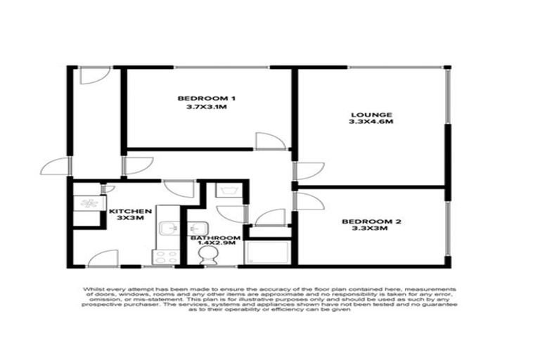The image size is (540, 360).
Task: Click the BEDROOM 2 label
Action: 371,223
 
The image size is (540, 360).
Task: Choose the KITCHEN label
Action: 131,211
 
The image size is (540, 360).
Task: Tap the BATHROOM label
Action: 216,238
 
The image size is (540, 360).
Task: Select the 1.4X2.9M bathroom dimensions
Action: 216,245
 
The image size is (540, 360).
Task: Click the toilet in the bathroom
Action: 209,258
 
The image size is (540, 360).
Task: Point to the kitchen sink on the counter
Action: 167,228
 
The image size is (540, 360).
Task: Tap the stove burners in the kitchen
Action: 167,255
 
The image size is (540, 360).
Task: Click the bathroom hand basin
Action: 197,229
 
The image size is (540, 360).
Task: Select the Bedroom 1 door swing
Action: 269,141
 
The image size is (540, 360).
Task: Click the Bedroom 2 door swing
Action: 308,202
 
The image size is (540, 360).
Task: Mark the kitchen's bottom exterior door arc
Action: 103,258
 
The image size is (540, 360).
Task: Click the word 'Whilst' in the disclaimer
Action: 94,290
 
